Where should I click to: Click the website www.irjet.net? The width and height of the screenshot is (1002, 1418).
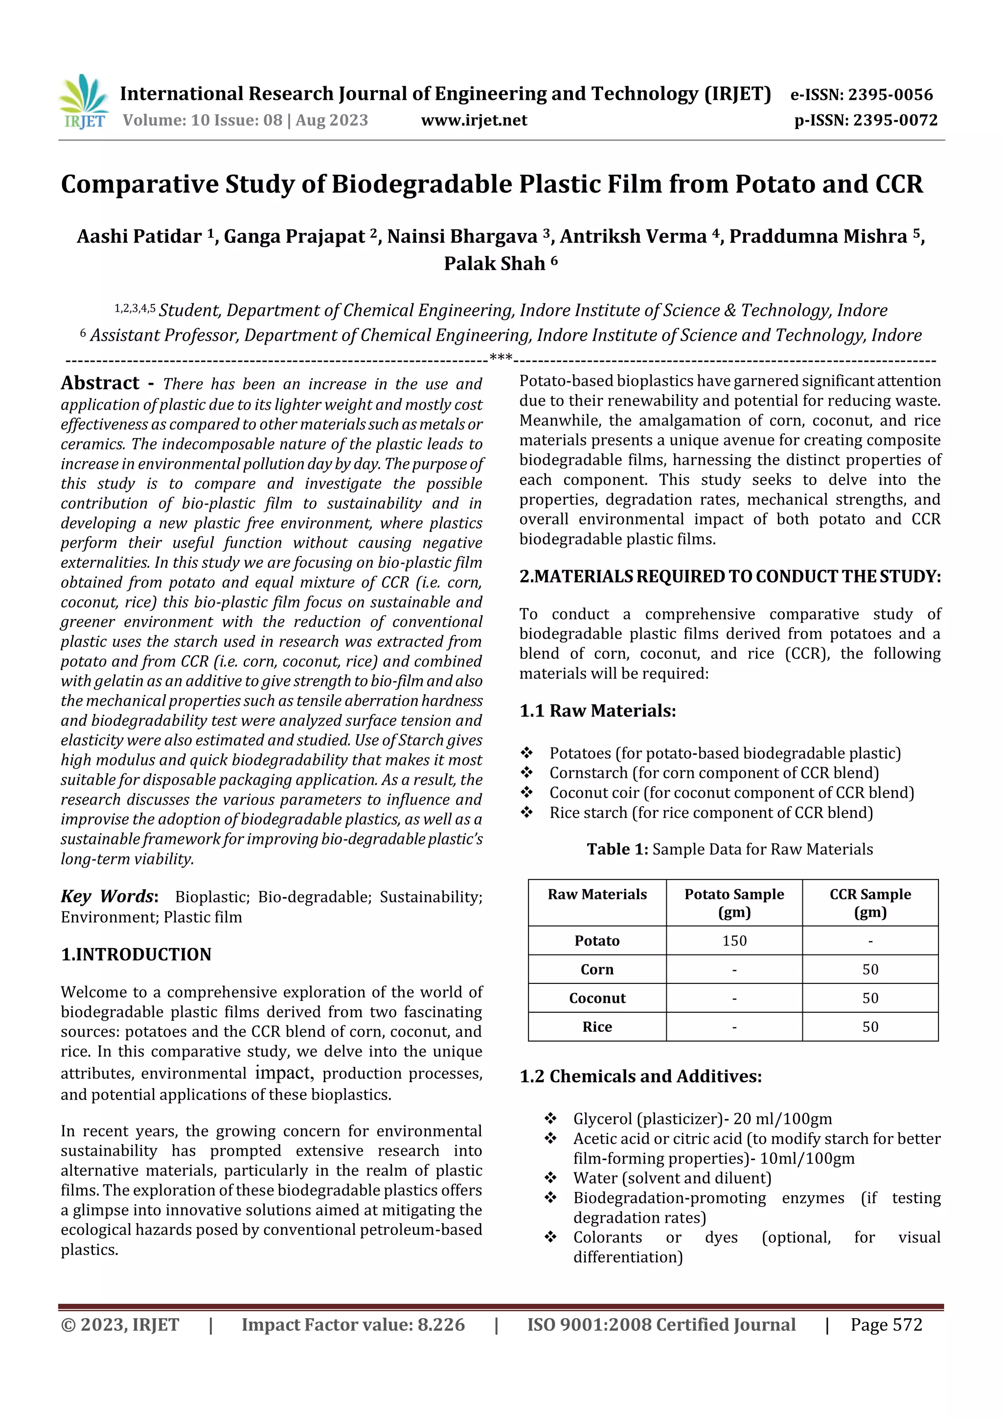(474, 120)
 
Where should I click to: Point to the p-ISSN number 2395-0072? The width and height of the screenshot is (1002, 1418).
(895, 120)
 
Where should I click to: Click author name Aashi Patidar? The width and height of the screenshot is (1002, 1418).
(139, 236)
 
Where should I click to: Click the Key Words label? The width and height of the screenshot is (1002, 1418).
(108, 897)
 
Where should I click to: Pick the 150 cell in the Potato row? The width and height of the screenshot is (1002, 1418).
(734, 941)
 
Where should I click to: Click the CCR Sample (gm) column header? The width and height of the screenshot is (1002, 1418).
(870, 903)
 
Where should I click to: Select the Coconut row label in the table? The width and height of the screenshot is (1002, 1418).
(597, 998)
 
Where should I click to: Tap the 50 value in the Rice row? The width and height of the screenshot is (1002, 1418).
(870, 1026)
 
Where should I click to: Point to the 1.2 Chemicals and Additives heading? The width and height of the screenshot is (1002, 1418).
(640, 1076)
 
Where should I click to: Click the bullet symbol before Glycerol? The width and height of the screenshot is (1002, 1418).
(550, 1118)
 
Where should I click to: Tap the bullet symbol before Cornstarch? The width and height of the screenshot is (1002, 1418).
(526, 772)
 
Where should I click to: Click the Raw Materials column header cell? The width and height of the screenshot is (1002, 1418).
(597, 894)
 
